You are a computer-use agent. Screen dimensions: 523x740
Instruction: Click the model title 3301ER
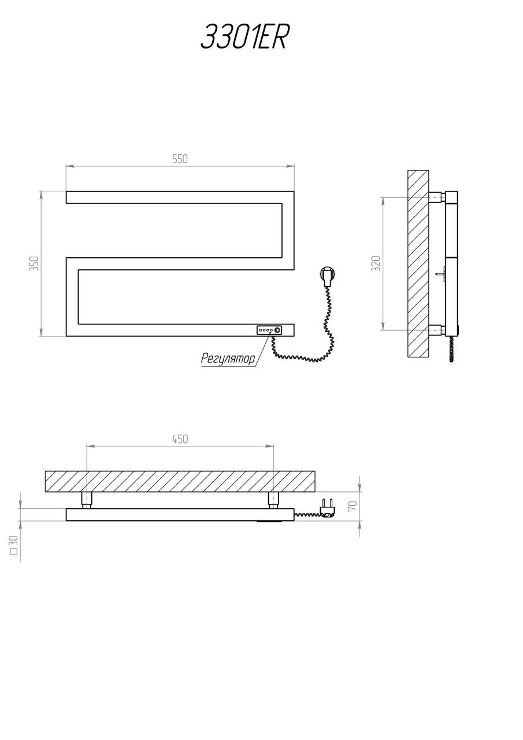(245, 37)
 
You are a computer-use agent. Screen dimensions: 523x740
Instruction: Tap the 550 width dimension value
(180, 159)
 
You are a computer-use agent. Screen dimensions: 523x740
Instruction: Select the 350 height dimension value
(34, 263)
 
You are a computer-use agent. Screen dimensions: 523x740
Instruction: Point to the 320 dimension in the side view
(376, 263)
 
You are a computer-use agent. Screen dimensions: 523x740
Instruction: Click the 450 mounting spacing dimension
(180, 439)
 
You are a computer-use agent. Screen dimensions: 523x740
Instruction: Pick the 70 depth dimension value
(353, 506)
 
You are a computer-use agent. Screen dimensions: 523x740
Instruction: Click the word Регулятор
(228, 358)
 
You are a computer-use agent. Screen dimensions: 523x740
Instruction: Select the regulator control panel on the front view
(270, 330)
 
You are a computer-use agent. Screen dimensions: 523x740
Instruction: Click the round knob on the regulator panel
(278, 330)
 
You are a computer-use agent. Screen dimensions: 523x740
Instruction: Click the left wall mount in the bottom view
(87, 500)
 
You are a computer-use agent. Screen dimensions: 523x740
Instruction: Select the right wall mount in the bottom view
(273, 500)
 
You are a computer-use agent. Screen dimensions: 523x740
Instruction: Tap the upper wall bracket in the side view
(437, 197)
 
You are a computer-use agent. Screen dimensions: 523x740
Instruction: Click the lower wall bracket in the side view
(437, 330)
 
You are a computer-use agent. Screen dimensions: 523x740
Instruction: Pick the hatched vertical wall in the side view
(418, 264)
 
